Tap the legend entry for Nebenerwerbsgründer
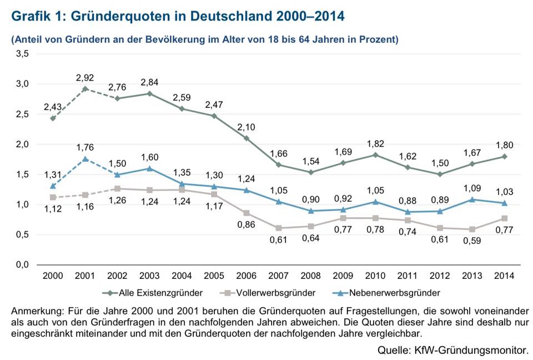(x=392, y=292)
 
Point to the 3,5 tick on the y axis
(x=23, y=54)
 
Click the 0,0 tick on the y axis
(x=23, y=265)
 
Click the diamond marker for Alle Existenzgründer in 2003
(x=150, y=93)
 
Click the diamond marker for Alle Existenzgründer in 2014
(x=503, y=156)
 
